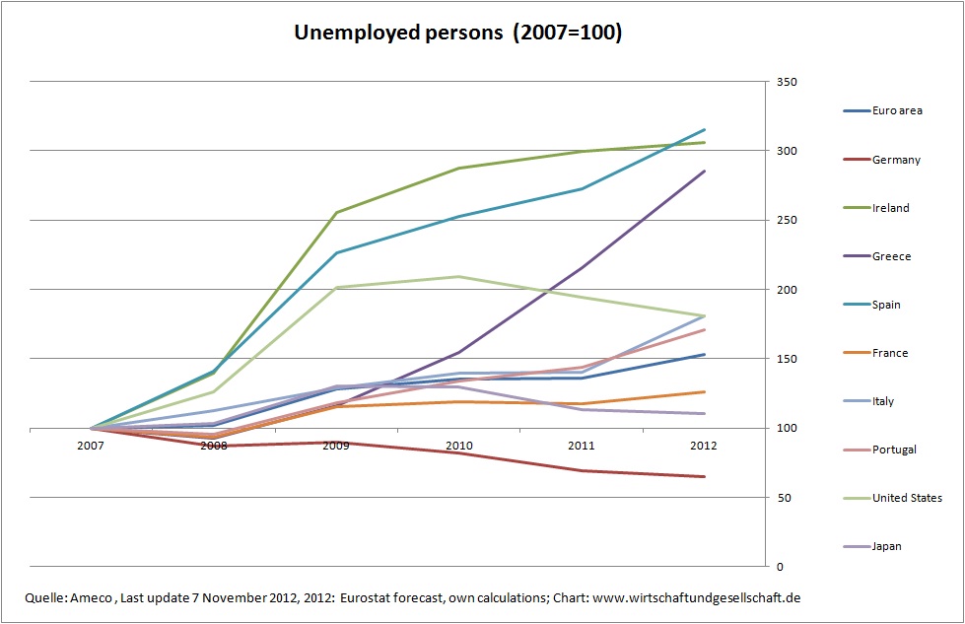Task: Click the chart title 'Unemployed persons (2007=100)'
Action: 458,33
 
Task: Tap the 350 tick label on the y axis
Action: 787,82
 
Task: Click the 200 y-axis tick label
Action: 787,290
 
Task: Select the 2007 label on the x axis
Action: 92,446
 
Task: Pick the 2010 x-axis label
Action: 459,446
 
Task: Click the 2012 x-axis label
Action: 704,446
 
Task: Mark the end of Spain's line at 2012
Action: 704,130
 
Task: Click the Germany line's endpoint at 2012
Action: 704,477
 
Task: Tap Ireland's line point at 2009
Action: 337,212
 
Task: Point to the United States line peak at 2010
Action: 459,276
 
